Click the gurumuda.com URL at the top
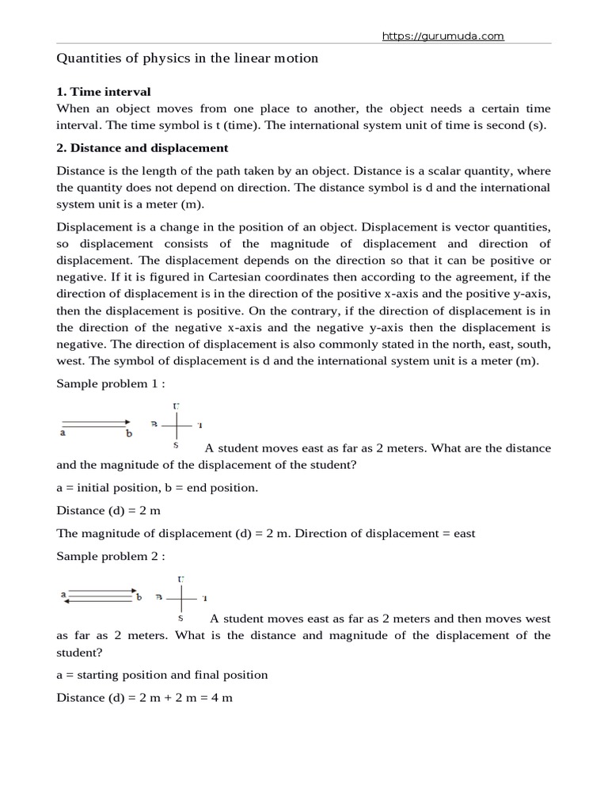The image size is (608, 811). (x=443, y=36)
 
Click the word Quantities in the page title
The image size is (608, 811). (x=87, y=59)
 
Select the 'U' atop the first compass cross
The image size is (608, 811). (x=176, y=406)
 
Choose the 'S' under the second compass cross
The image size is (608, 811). (x=180, y=618)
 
